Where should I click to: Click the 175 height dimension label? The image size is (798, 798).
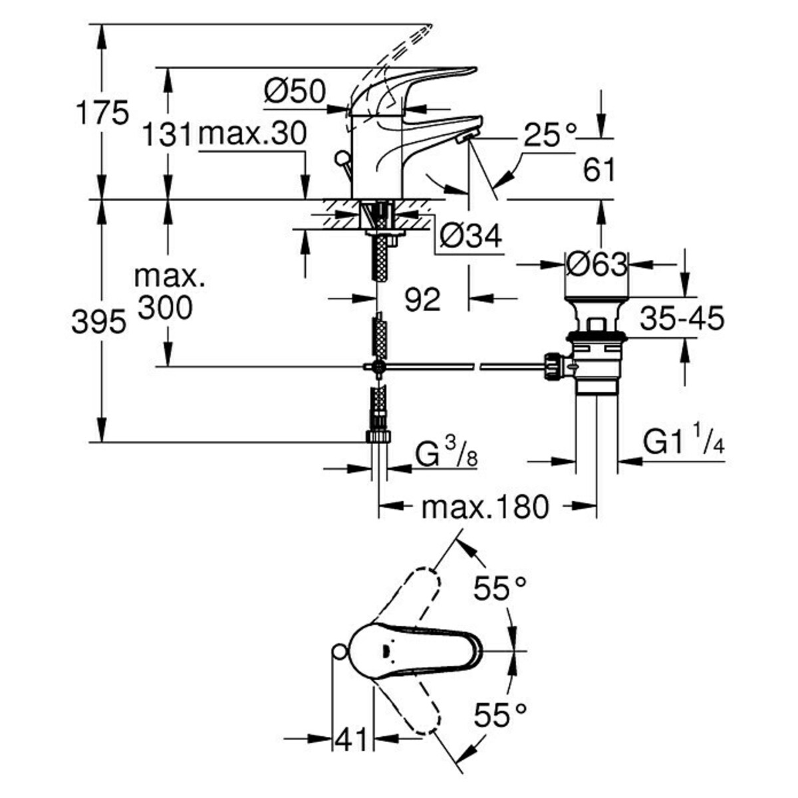(101, 113)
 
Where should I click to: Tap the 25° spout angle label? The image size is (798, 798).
(549, 136)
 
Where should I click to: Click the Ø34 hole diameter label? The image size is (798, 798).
(471, 236)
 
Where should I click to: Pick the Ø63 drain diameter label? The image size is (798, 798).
(597, 265)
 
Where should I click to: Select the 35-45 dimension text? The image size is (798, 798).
(682, 320)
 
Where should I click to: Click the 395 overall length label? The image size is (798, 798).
(98, 323)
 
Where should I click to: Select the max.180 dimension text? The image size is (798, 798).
(485, 508)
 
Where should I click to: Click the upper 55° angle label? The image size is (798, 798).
(499, 589)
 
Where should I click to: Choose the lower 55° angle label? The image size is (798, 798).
(499, 716)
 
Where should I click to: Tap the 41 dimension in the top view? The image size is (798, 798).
(352, 739)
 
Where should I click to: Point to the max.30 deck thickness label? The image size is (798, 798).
(253, 135)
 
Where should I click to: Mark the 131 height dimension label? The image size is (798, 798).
(166, 135)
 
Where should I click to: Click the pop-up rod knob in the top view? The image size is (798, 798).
(338, 652)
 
